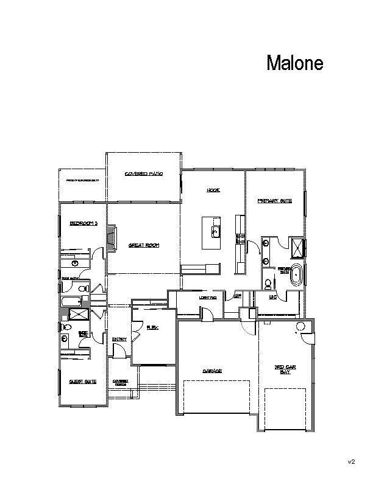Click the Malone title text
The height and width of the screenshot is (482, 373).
pyautogui.click(x=294, y=63)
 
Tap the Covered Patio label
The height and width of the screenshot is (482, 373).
pyautogui.click(x=143, y=173)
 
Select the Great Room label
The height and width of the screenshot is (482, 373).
pyautogui.click(x=143, y=245)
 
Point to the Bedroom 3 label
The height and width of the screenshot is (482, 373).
pyautogui.click(x=83, y=223)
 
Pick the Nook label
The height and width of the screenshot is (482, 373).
pyautogui.click(x=213, y=190)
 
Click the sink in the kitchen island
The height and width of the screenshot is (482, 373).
pyautogui.click(x=215, y=231)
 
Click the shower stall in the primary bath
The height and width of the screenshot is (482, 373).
pyautogui.click(x=299, y=248)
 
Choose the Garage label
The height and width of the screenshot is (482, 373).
pyautogui.click(x=211, y=371)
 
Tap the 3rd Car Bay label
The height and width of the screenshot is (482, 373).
pyautogui.click(x=285, y=369)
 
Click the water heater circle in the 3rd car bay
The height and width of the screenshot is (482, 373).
pyautogui.click(x=299, y=327)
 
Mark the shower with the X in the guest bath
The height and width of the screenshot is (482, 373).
pyautogui.click(x=77, y=314)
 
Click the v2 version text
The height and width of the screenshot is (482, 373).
pyautogui.click(x=352, y=463)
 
